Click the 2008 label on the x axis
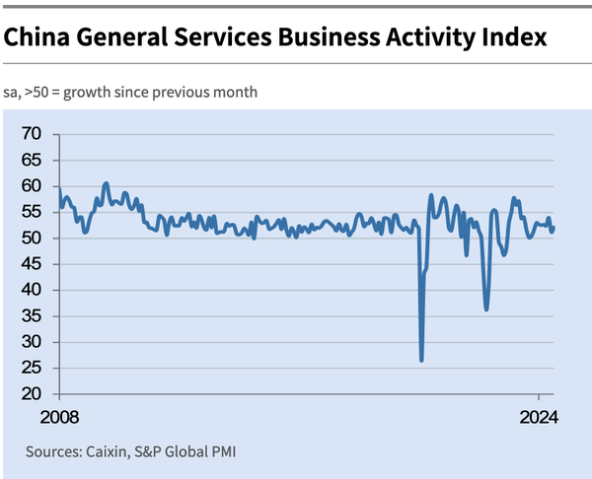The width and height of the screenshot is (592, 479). (58, 416)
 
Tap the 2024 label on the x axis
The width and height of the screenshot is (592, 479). (540, 416)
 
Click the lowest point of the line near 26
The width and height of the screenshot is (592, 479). (421, 361)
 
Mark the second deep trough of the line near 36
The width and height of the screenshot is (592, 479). (486, 309)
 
